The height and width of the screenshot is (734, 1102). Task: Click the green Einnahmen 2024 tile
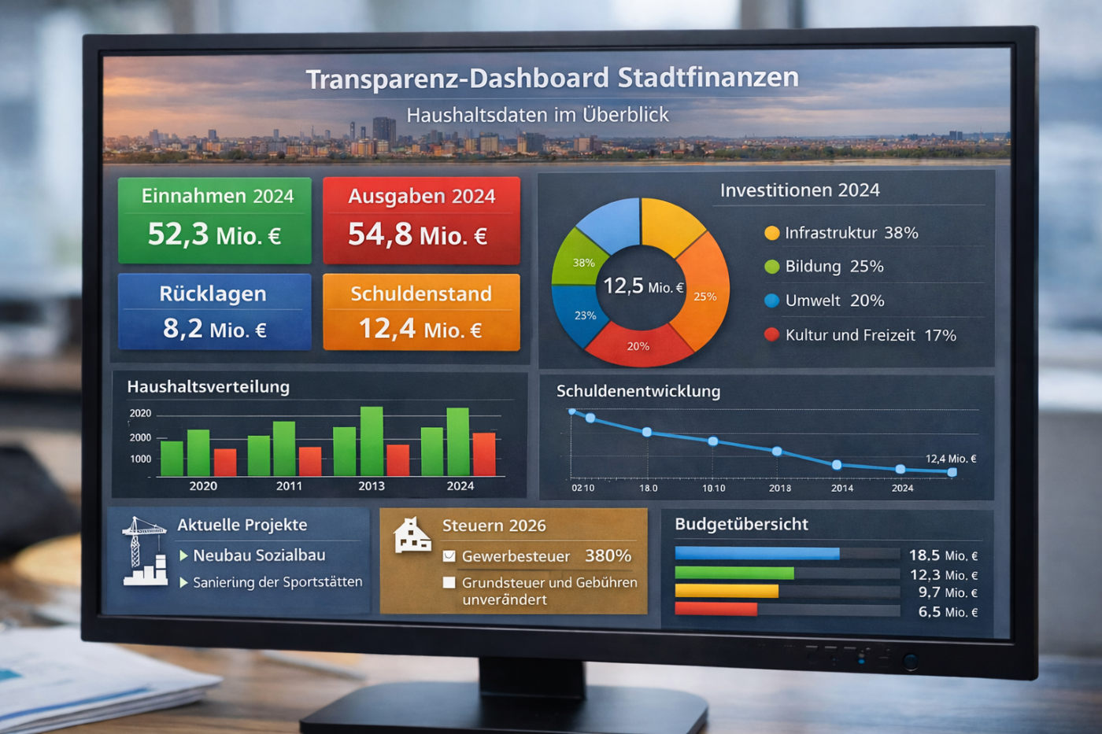coord(215,219)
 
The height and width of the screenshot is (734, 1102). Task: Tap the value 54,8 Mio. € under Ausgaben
coord(418,234)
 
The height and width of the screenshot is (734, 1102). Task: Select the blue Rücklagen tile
coord(215,311)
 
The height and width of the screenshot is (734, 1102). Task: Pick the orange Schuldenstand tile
coord(421,312)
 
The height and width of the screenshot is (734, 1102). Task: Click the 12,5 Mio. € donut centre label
coord(642,286)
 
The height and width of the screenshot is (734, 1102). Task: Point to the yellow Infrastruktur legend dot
coord(771,233)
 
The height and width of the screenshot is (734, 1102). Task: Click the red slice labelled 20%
coord(638,345)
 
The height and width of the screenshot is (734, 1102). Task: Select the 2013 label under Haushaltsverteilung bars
coord(372,486)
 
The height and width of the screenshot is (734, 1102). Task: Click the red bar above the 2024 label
coord(484,454)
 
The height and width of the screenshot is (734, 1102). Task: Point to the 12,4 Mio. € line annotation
coord(950,459)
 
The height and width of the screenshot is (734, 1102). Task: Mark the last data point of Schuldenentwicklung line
coord(952,472)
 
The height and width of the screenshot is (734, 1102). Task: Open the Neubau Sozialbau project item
coord(259,555)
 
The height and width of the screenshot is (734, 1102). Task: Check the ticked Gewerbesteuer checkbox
coord(449,556)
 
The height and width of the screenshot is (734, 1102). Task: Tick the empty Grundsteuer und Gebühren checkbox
coord(449,583)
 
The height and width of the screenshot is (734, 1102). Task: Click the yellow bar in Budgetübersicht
coord(727,592)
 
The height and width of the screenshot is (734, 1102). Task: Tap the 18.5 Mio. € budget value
coord(943,555)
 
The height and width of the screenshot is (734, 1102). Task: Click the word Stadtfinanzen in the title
coord(708,78)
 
